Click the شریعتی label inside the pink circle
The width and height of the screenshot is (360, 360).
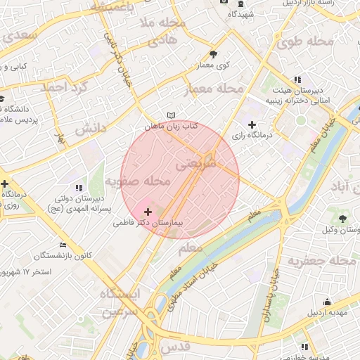[204, 164]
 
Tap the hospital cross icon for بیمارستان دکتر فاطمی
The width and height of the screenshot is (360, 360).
[147, 211]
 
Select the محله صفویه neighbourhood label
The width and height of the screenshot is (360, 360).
[139, 182]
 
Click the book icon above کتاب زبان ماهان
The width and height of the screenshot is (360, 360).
[171, 115]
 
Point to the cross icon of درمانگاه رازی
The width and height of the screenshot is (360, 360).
[252, 124]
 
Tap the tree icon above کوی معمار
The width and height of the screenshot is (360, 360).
[214, 53]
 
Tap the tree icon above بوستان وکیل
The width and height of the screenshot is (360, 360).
[343, 218]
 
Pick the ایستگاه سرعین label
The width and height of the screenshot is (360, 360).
[120, 302]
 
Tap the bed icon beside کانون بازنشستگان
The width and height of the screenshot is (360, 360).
[63, 245]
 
